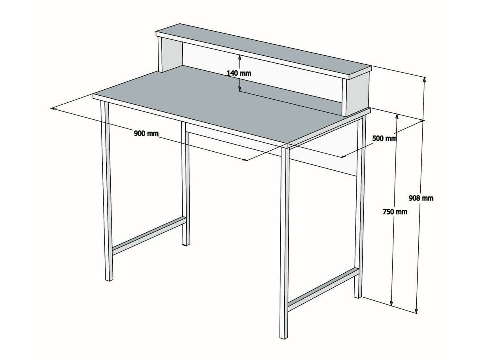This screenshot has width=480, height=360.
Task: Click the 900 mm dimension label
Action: pos(146,133)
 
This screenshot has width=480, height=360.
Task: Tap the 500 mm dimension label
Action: pos(384,138)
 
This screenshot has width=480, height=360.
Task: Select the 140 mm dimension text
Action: pos(239,73)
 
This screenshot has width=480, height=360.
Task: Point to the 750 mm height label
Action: pos(395,211)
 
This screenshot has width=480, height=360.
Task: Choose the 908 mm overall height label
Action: pos(421,198)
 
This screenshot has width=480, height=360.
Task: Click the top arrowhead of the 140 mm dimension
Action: pos(240,57)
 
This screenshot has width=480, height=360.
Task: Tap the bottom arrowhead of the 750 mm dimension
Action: pos(391,303)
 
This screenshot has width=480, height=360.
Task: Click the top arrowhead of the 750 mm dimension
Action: pos(397,117)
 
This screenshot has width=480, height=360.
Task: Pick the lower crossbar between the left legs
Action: pos(149,236)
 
